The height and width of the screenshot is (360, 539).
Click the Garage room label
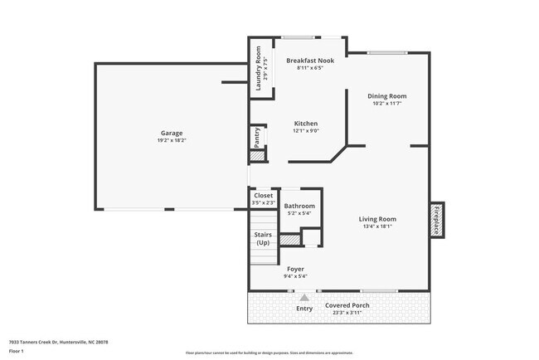click(x=172, y=133)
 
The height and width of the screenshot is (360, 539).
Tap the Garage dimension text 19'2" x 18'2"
click(x=172, y=140)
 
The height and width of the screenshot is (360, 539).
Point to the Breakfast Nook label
click(x=309, y=61)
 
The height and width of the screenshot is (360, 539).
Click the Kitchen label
click(x=306, y=123)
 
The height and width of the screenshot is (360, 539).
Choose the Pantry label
click(x=257, y=136)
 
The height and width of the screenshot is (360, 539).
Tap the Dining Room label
click(x=387, y=96)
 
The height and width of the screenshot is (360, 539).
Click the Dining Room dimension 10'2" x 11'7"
click(x=387, y=104)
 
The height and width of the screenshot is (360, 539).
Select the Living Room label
click(x=377, y=218)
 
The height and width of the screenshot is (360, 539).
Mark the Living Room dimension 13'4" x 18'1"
click(x=377, y=226)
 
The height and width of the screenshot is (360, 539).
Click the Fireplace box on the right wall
click(x=437, y=219)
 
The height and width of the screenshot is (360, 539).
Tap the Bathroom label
click(x=299, y=206)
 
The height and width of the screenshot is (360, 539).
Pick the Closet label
click(x=262, y=196)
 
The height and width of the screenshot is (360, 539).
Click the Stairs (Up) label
click(x=263, y=238)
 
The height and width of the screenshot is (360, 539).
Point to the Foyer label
click(x=296, y=269)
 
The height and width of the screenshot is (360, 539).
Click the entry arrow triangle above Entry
click(x=305, y=297)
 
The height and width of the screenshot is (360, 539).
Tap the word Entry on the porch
click(x=305, y=309)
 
